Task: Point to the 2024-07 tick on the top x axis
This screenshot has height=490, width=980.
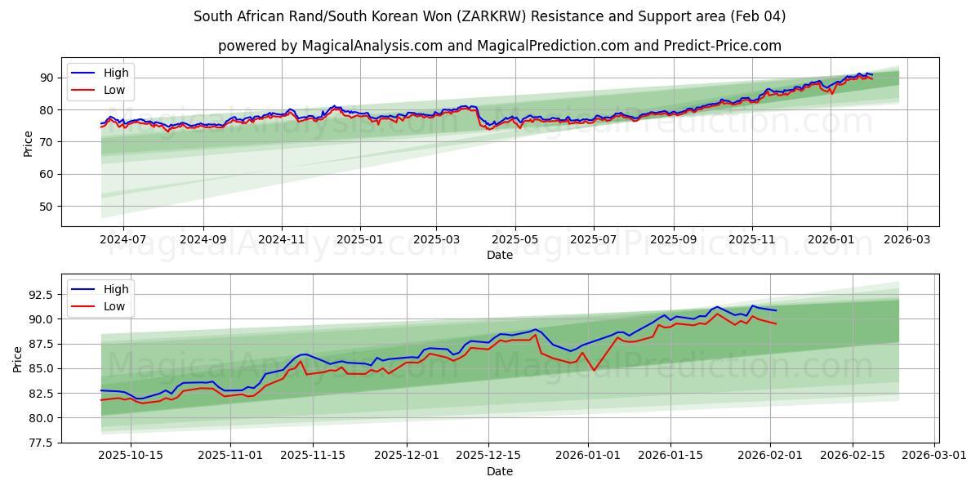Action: point(123,239)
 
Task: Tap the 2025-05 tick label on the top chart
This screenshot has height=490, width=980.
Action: point(515,239)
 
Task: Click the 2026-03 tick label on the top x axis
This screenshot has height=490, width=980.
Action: point(907,239)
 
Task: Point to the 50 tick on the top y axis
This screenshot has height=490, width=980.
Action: point(47,207)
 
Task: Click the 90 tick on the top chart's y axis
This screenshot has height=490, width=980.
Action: point(47,78)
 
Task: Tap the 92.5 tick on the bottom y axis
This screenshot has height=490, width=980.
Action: point(41,294)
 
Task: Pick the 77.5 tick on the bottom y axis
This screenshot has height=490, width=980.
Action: point(41,443)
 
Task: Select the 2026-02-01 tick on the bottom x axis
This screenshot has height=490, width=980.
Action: point(770,456)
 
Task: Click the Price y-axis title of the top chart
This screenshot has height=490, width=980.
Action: point(29,143)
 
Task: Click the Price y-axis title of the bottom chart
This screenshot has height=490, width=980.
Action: point(18,359)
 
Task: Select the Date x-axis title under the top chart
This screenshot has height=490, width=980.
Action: point(500,255)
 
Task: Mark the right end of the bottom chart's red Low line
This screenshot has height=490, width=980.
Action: point(776,324)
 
